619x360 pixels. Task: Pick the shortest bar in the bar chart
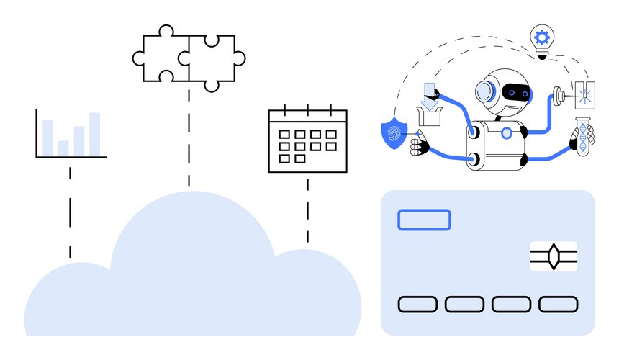click(63, 148)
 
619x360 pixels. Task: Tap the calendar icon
click(307, 140)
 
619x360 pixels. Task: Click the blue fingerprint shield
click(393, 134)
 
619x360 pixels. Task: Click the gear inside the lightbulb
click(541, 35)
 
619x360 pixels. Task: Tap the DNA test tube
click(583, 136)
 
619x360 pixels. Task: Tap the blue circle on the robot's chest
click(507, 132)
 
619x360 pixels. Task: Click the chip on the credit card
click(554, 256)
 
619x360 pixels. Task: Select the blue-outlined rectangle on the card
click(424, 220)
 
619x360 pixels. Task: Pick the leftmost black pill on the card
click(417, 304)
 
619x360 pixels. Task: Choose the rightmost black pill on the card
click(559, 304)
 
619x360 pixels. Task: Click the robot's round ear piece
click(485, 92)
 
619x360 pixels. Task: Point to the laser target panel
click(584, 95)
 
